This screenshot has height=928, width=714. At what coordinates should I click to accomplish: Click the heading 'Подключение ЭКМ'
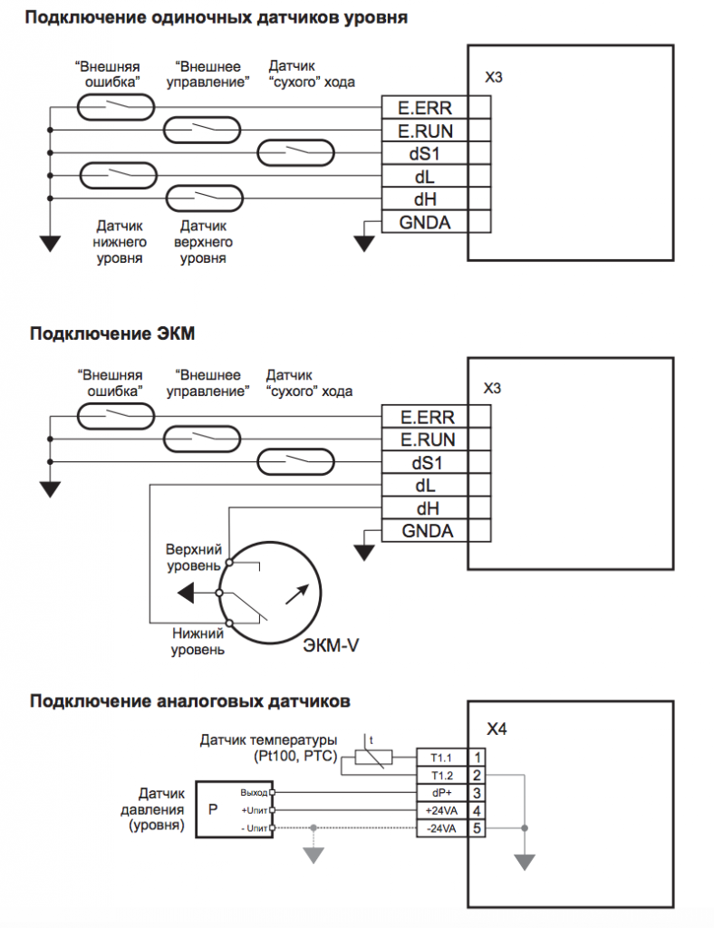click(x=112, y=333)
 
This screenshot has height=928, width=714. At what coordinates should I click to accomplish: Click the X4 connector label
click(x=497, y=728)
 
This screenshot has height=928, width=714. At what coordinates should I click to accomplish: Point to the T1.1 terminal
click(x=441, y=755)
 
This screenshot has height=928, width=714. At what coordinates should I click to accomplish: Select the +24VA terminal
click(x=441, y=809)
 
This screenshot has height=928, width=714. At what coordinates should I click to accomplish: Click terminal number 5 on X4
click(x=478, y=827)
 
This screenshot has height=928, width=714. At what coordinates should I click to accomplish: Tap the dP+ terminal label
click(x=441, y=791)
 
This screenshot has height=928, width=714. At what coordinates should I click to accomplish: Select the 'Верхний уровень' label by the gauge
click(x=192, y=558)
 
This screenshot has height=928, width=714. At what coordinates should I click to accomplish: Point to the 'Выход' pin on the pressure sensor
click(x=255, y=791)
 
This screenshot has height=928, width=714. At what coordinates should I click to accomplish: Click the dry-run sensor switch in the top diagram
click(x=296, y=152)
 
